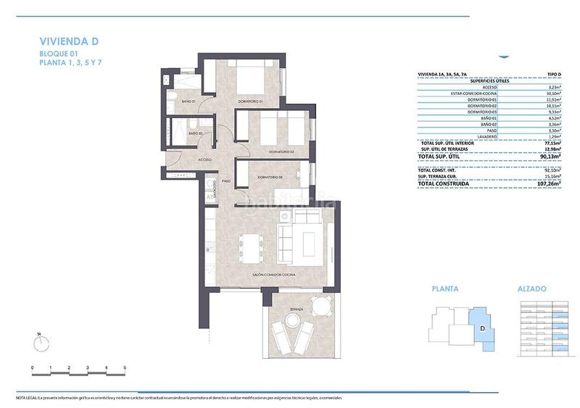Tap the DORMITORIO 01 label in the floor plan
(250, 101)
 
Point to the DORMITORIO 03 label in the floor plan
(269, 177)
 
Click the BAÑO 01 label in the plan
(189, 101)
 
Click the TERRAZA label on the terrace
(296, 309)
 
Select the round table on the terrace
(318, 304)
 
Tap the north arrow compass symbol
(40, 340)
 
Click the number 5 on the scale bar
(125, 369)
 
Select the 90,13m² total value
(555, 157)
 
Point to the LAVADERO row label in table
(486, 137)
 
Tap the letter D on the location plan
(483, 328)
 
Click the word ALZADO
(532, 288)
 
